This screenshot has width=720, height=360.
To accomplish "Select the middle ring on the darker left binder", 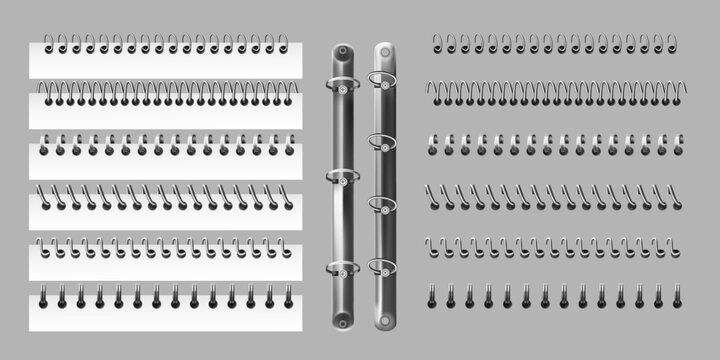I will click(344, 178).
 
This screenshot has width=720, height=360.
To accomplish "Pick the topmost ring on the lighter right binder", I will click(382, 78).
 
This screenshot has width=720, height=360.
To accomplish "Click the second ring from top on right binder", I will click(382, 141).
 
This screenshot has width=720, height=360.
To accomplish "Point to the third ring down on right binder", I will click(382, 204).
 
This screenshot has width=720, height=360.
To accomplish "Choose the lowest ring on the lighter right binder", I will click(382, 267).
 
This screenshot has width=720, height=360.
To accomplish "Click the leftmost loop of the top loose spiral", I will click(437, 43).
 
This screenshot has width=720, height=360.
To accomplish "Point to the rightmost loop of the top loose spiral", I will click(671, 43).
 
